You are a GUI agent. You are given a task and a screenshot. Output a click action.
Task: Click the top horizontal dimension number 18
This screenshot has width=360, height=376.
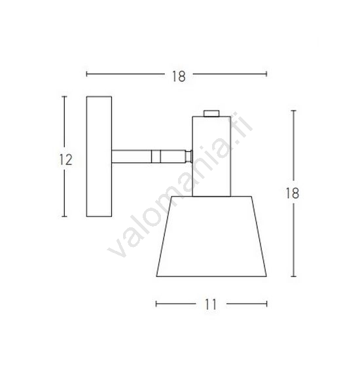tap(179, 77)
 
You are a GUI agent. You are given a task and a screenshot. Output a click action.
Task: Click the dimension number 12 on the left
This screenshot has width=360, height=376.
tap(65, 160)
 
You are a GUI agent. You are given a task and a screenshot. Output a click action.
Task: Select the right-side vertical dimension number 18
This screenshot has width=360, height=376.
tap(293, 193)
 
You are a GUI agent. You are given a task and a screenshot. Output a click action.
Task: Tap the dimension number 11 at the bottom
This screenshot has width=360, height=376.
tap(211, 305)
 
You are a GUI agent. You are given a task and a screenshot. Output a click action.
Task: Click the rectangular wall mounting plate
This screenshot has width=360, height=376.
tap(99, 157)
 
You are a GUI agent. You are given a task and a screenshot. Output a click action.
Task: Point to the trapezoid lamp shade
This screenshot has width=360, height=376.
tap(211, 236)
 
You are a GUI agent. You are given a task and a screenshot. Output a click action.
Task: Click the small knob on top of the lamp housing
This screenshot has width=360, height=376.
tap(211, 113)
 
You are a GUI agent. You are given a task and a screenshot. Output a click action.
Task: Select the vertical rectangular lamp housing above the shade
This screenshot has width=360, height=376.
tap(211, 157)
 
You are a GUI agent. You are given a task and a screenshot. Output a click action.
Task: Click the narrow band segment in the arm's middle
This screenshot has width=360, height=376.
tap(156, 157)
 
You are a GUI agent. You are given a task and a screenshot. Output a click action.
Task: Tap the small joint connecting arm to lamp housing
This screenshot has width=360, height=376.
tap(189, 157)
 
